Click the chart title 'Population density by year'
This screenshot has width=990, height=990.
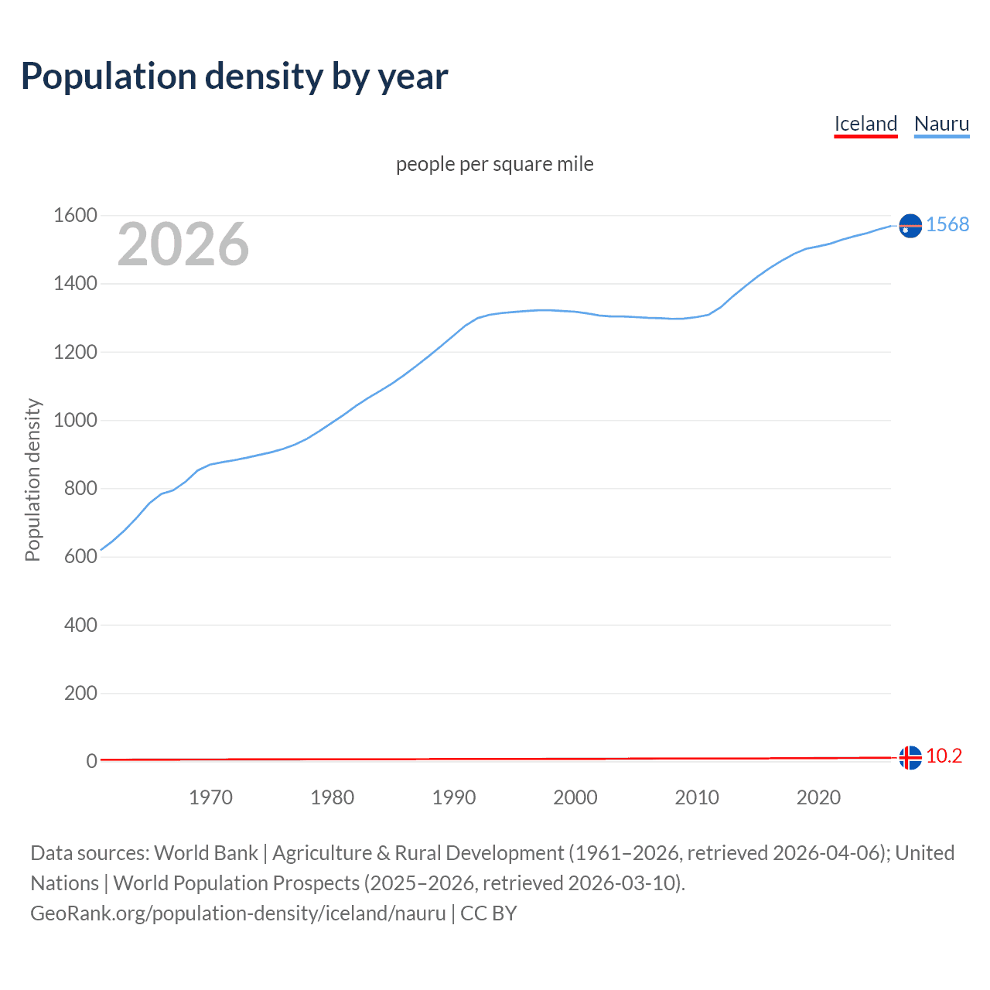(x=234, y=77)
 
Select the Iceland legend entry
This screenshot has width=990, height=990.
(x=865, y=124)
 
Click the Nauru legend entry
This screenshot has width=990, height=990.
(x=941, y=124)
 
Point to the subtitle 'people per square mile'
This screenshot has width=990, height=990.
(x=494, y=165)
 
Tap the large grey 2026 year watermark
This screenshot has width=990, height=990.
(x=183, y=244)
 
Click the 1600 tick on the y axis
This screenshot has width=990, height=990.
(x=75, y=216)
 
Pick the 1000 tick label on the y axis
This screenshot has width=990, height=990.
(x=75, y=421)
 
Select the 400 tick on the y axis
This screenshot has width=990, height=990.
(x=80, y=625)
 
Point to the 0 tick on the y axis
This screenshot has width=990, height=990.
(x=91, y=761)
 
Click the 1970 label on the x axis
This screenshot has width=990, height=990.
(x=210, y=797)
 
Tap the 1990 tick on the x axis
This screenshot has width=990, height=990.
(x=454, y=797)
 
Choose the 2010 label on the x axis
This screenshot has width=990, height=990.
(x=697, y=797)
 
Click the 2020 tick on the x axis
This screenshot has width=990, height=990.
(x=818, y=797)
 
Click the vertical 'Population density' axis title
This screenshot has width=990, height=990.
(x=32, y=480)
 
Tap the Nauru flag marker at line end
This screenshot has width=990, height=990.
(x=910, y=225)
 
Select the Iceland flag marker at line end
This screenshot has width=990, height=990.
(x=910, y=757)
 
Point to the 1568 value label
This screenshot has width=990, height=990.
(x=947, y=224)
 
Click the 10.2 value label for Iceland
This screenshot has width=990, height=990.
(x=944, y=756)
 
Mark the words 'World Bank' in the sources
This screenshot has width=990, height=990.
(x=206, y=853)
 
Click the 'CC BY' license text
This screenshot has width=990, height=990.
(x=488, y=913)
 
